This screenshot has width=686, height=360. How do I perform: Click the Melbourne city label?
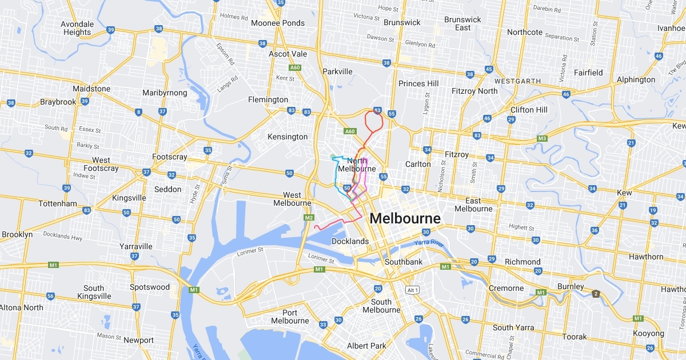tap(405, 218)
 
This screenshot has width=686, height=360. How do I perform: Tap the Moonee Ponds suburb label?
tap(278, 23)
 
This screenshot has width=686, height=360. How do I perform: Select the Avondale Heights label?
tap(77, 28)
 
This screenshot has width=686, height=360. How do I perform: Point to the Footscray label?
tap(170, 157)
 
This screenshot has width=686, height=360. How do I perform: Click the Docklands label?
tap(350, 241)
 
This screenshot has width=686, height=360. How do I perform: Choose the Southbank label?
tap(404, 262)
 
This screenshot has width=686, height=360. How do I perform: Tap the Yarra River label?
tap(430, 244)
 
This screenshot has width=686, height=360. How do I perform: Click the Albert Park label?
tap(366, 346)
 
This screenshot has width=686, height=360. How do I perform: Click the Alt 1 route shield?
tap(412, 290)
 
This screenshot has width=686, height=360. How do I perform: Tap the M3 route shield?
tap(542, 139)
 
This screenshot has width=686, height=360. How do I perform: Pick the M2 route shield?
tap(309, 218)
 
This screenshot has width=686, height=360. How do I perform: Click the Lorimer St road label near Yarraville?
tap(251, 250)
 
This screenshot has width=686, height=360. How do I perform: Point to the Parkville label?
tap(337, 71)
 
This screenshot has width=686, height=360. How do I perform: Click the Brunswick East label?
tap(463, 23)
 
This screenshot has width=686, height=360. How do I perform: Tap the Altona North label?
tap(22, 307)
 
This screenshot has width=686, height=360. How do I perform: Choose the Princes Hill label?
tap(418, 83)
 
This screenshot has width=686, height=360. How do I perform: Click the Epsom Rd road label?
tap(222, 54)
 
